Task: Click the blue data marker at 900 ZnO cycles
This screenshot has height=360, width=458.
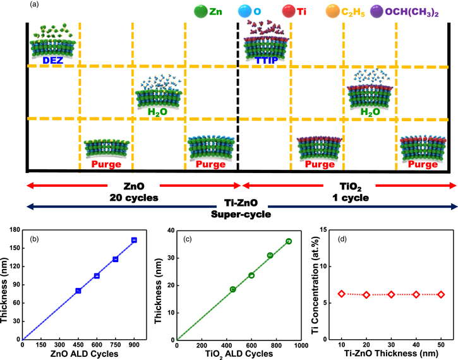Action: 134,240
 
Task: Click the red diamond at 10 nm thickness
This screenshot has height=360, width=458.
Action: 342,294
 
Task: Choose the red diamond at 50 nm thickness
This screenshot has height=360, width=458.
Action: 441,294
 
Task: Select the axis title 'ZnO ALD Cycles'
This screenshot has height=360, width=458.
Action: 78,355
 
